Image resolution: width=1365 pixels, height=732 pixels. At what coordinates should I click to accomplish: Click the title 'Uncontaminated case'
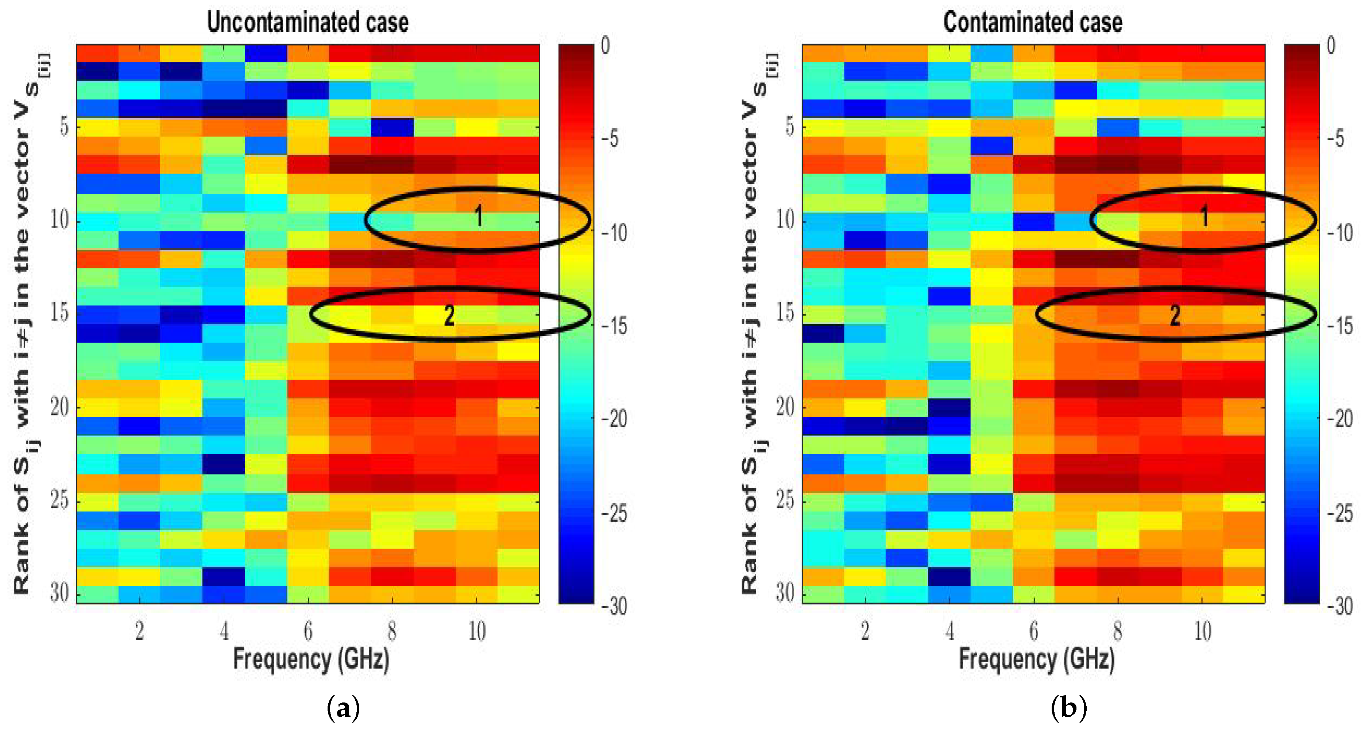tap(308, 22)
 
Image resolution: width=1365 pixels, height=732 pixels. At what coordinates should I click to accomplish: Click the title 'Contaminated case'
tap(1032, 22)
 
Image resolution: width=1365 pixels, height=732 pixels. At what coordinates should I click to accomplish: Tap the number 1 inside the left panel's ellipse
tap(479, 216)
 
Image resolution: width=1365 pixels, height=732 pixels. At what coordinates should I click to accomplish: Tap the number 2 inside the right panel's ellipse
tap(1175, 316)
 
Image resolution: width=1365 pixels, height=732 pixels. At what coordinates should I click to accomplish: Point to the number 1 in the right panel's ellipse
tap(1204, 216)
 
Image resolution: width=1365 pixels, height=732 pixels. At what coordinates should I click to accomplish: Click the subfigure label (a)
tap(343, 708)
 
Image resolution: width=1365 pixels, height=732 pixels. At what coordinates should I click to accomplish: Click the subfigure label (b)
tap(1068, 708)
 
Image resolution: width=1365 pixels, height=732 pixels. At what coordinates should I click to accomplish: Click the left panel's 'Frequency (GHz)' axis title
tap(311, 660)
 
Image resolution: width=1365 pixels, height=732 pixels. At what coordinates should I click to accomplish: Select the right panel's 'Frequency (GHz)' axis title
tap(1036, 660)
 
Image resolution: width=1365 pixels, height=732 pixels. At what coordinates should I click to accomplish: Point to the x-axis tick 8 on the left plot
tap(392, 631)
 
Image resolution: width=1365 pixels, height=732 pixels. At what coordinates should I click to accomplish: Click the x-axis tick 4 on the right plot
tap(950, 631)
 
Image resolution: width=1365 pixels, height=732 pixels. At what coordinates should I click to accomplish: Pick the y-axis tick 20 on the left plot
tap(60, 407)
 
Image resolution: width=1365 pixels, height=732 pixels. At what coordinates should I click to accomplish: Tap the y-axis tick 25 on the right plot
tap(785, 500)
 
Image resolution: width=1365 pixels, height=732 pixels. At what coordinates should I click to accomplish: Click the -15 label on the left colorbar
tap(615, 326)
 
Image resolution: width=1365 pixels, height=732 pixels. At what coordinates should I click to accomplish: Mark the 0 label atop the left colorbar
tap(605, 46)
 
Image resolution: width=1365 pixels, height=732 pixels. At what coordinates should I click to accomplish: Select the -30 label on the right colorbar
tap(1341, 606)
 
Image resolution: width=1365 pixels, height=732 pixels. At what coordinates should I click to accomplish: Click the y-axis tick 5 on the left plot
tap(63, 127)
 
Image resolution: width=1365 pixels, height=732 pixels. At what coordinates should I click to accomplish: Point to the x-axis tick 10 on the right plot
tap(1203, 631)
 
